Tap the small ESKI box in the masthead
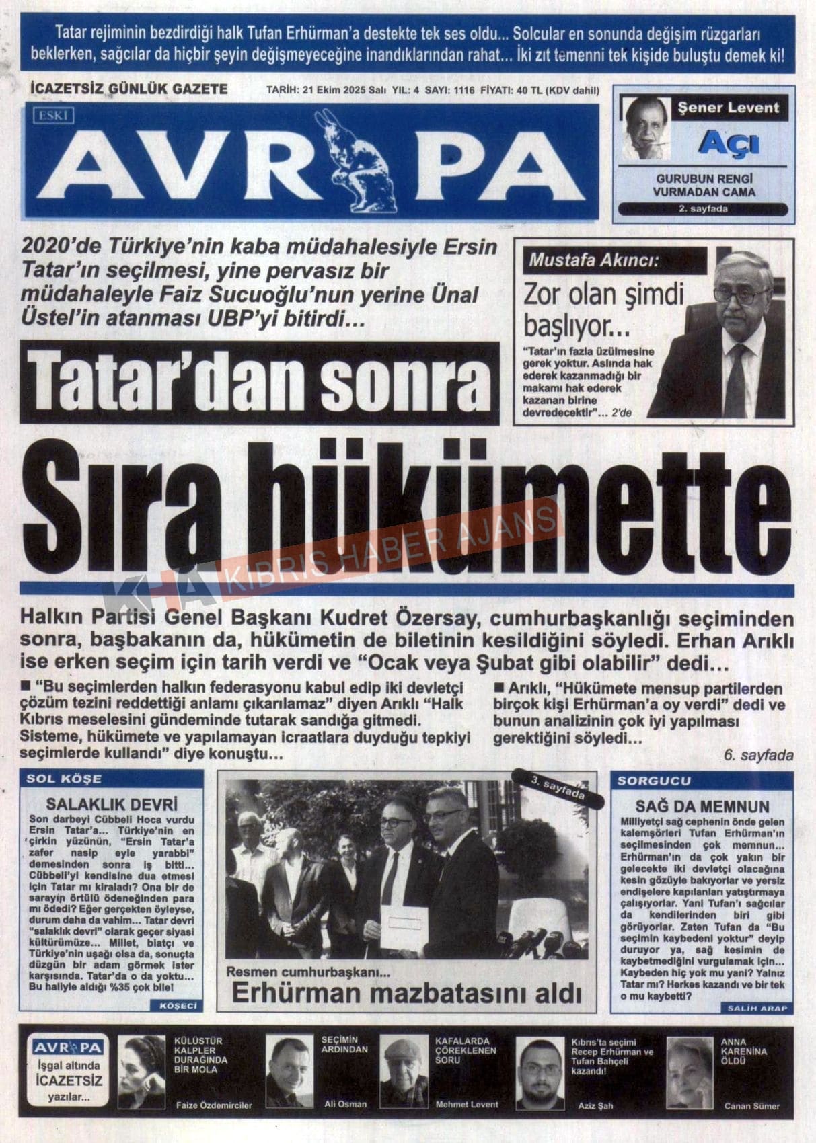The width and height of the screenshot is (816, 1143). point(52,116)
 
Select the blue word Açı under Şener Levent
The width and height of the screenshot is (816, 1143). point(729,143)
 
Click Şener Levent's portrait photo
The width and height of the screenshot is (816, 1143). point(645,128)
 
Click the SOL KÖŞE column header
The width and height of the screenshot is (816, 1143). point(64,779)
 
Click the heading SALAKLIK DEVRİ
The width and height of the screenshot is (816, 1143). point(112,805)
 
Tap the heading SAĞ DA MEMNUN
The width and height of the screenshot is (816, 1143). point(702,806)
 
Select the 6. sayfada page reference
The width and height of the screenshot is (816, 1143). point(758,756)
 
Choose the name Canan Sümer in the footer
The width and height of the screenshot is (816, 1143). point(751,1106)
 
